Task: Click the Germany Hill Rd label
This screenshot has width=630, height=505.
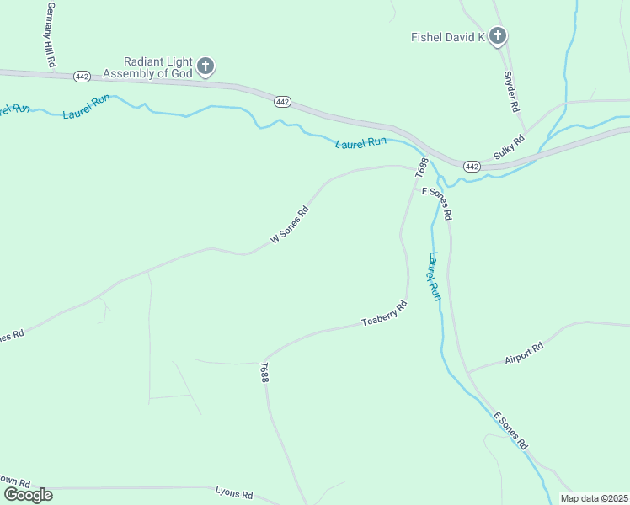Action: (50, 35)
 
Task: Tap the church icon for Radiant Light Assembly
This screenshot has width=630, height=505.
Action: (206, 66)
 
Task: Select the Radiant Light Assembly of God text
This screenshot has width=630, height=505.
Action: (157, 66)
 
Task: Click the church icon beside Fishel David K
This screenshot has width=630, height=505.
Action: (498, 36)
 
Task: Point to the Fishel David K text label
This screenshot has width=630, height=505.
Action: (448, 37)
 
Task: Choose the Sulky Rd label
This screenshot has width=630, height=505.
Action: (510, 147)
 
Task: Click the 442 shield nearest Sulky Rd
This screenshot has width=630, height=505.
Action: (472, 167)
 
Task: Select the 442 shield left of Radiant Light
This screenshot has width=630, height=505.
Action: (82, 76)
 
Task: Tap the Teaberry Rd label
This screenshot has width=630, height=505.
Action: (384, 315)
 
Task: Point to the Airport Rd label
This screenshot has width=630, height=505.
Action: (524, 353)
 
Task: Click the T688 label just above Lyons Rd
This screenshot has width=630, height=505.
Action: (264, 373)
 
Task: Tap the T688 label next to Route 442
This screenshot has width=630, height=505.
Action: (423, 167)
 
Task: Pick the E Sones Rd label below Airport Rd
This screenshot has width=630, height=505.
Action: (510, 430)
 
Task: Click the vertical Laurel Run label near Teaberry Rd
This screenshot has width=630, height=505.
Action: (434, 277)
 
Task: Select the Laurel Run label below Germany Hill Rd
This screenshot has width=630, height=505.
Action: (87, 107)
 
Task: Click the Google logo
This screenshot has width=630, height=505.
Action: (28, 494)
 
